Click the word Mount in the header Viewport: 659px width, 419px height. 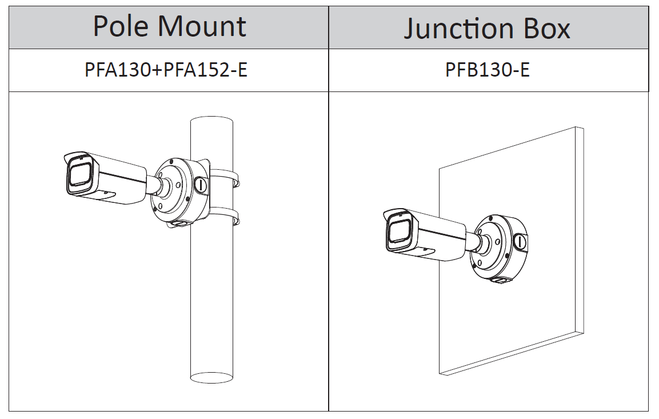[201, 26]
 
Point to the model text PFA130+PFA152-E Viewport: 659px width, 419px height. [166, 70]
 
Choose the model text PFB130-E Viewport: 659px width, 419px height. [488, 70]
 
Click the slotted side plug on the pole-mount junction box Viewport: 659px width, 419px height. [201, 184]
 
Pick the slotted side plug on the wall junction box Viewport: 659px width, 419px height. [520, 241]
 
